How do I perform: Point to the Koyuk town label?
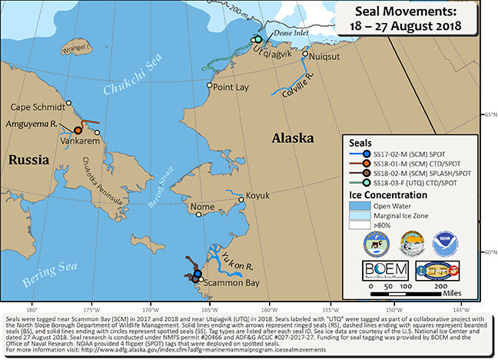coord(256,196)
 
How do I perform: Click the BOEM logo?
coord(386,269)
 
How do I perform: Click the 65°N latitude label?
coord(487,115)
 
